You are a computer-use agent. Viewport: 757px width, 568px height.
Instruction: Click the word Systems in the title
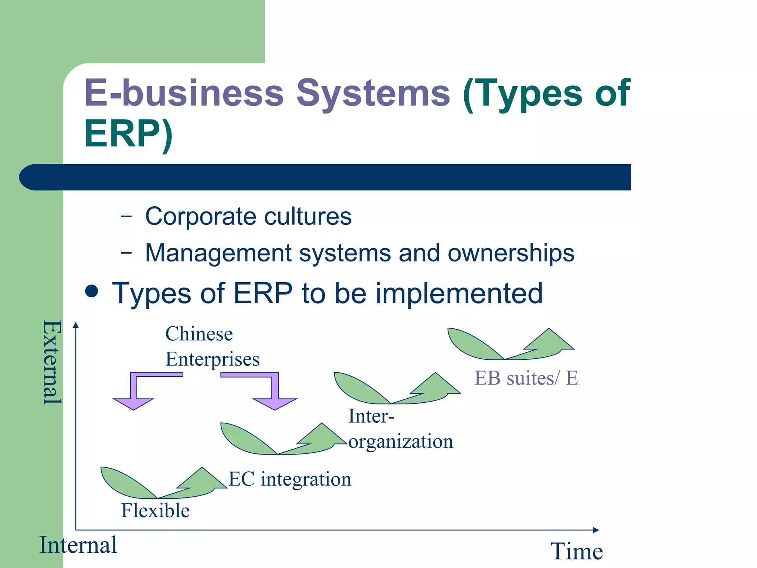point(373,93)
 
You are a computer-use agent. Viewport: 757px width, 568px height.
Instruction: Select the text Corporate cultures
point(248,216)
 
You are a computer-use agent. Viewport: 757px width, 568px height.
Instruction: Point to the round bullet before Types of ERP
point(91,291)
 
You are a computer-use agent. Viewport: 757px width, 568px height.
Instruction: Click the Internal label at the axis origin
point(78,545)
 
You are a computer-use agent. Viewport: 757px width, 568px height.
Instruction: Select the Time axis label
point(576,551)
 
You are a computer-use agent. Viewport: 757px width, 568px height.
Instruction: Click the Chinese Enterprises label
point(212,346)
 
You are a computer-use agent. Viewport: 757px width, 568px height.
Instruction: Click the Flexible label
point(155,511)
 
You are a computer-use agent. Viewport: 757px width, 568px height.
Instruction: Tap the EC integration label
point(289,479)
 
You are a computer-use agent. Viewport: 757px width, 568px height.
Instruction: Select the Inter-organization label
point(400,429)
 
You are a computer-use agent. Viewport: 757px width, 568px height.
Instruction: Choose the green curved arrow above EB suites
point(510,346)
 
